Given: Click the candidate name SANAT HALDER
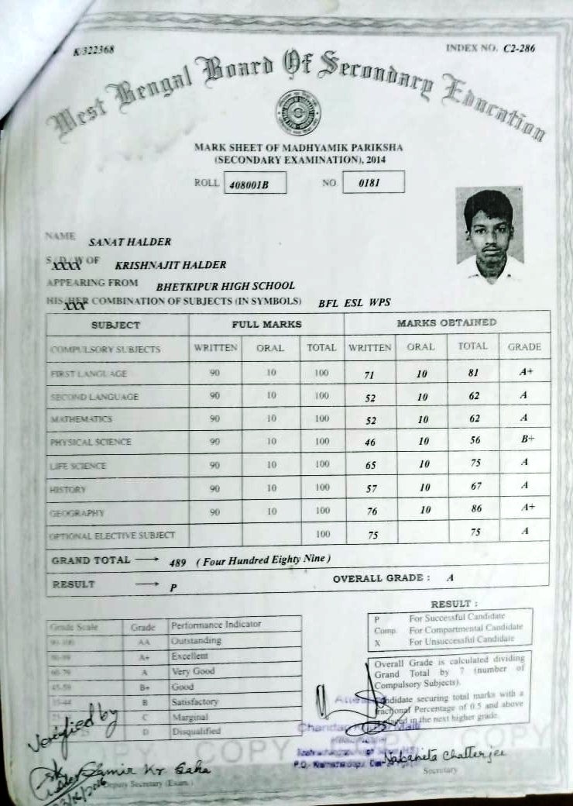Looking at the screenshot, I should pos(129,242).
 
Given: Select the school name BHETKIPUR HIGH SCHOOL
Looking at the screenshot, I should pos(225,285).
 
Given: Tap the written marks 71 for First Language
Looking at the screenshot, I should pos(369,374).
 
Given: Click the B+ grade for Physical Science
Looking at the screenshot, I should pos(527,439).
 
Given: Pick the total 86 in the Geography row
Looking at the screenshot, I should pos(475,509).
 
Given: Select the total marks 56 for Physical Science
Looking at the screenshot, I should pos(475,439).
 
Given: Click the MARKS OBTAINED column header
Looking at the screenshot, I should pos(446,322).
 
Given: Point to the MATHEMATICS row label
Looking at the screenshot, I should pos(81,419).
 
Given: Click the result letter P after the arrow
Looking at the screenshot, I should pos(173,587).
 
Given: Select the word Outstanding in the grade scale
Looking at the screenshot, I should pos(196,641).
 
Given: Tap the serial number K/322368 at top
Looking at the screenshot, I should pos(94,50).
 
